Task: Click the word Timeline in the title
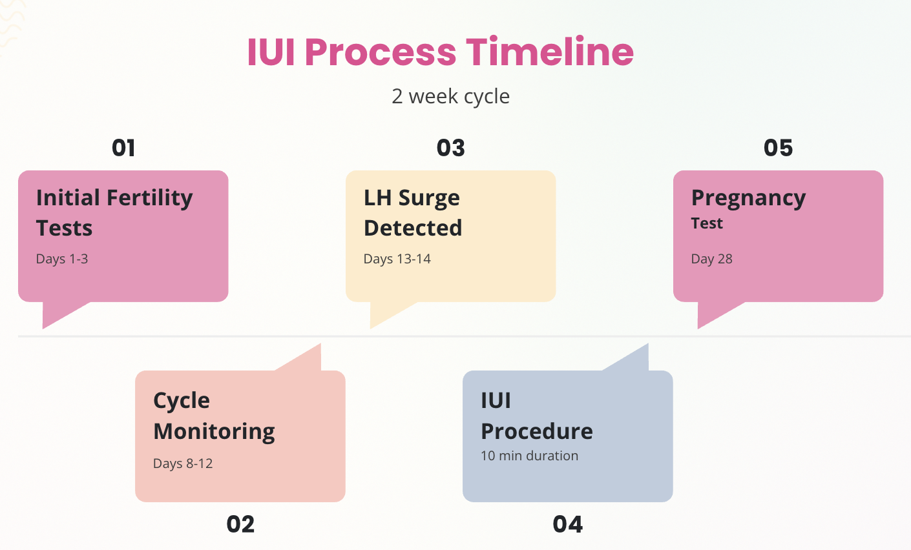click(550, 52)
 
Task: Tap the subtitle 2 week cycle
click(450, 97)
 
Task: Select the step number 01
click(123, 148)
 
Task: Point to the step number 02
click(240, 524)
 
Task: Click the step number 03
click(450, 148)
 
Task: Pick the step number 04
click(568, 524)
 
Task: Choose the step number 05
click(778, 148)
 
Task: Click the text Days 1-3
click(62, 259)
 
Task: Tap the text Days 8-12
click(183, 464)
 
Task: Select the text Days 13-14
click(397, 259)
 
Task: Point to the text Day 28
click(712, 259)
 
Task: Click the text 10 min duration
click(529, 456)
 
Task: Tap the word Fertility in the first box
click(150, 199)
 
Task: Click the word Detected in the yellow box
click(413, 228)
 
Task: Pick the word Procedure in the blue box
click(537, 431)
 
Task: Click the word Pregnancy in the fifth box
click(748, 199)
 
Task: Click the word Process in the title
click(381, 52)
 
